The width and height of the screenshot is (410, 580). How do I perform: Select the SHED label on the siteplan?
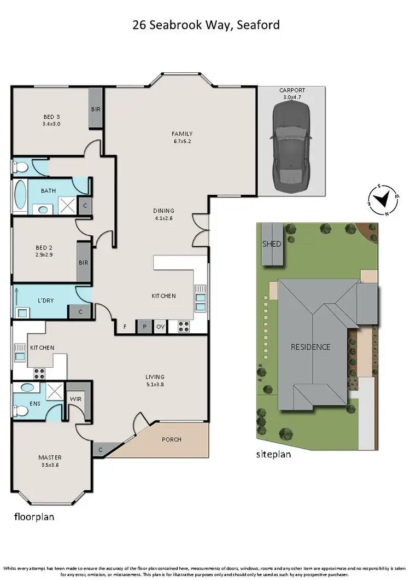[x=272, y=244]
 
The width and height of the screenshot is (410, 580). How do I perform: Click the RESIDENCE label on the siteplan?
[x=311, y=347]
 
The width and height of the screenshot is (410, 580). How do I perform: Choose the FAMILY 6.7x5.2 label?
[x=181, y=137]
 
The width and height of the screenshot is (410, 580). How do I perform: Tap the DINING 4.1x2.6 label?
[x=163, y=214]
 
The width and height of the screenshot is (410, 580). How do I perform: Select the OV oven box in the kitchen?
[x=161, y=327]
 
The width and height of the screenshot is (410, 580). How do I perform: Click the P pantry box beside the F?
[x=144, y=327]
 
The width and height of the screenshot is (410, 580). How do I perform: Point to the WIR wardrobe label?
[x=75, y=399]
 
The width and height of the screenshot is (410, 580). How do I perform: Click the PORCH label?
[x=172, y=439]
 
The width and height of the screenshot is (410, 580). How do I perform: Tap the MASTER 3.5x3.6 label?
[x=50, y=461]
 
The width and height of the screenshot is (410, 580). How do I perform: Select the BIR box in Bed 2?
[x=84, y=263]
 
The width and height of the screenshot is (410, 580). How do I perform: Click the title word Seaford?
[x=259, y=25]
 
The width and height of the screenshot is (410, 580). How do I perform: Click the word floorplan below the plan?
[x=33, y=516]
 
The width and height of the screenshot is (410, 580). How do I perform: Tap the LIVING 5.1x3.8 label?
[x=155, y=380]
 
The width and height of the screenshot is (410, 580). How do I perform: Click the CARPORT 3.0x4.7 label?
[x=292, y=94]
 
